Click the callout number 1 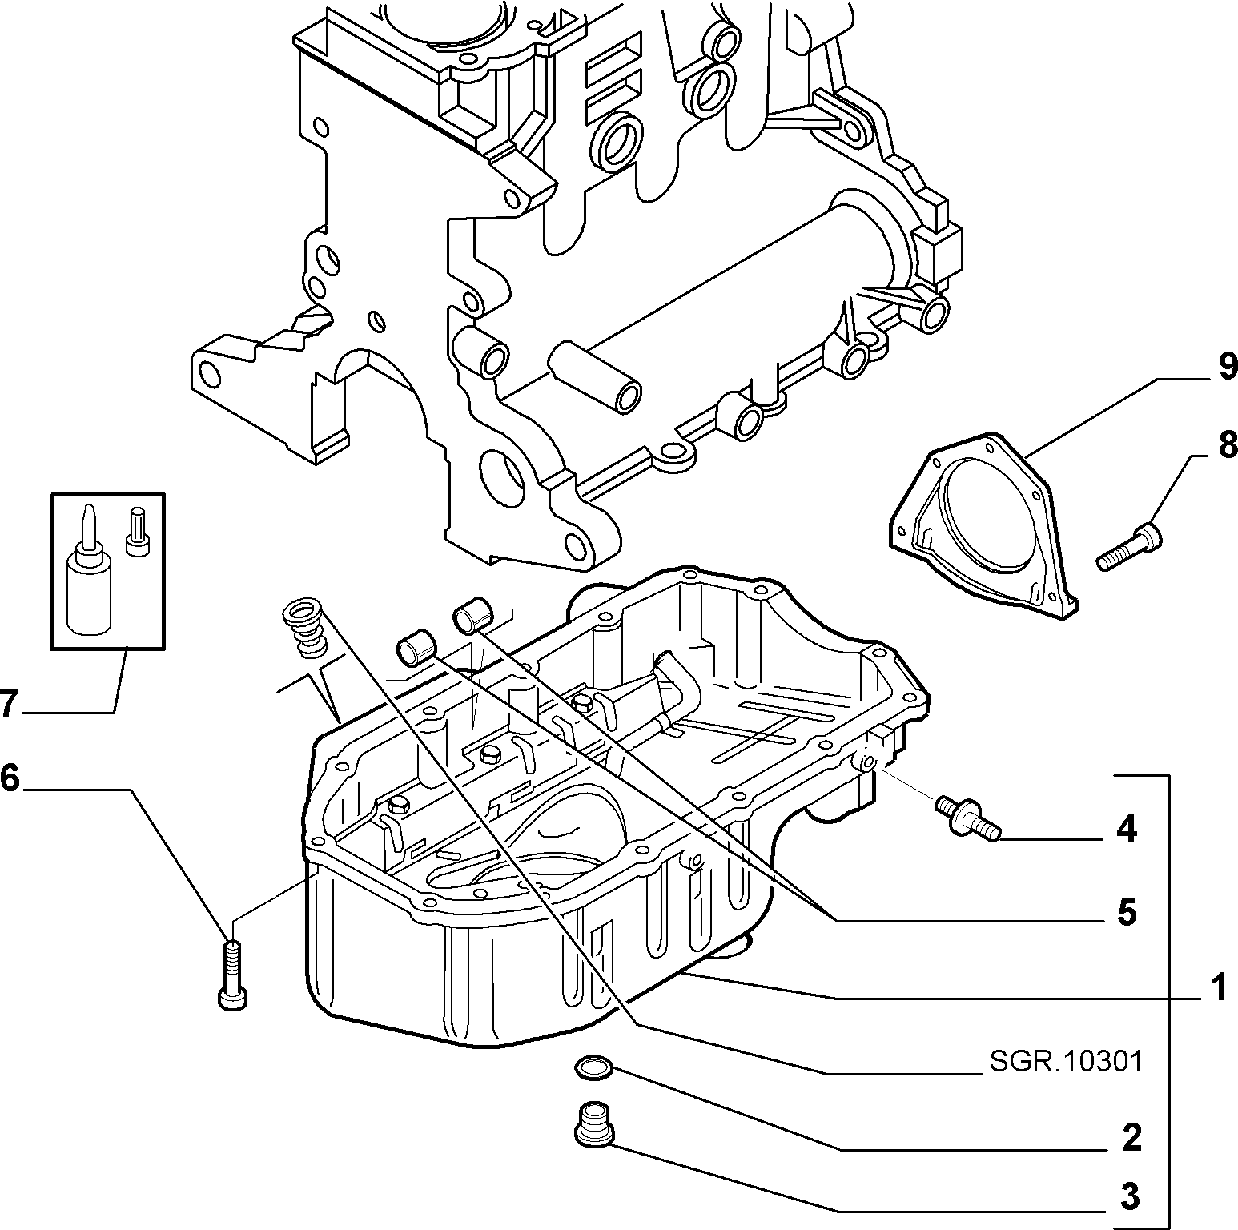point(1217,988)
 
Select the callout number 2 point(1131,1137)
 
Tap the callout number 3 point(1129,1197)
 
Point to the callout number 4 point(1126,830)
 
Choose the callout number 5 point(1127,912)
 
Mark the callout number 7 point(8,704)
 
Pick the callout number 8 point(1227,445)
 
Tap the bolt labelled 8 point(1129,546)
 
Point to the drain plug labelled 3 point(593,1119)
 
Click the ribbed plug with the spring point(302,621)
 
